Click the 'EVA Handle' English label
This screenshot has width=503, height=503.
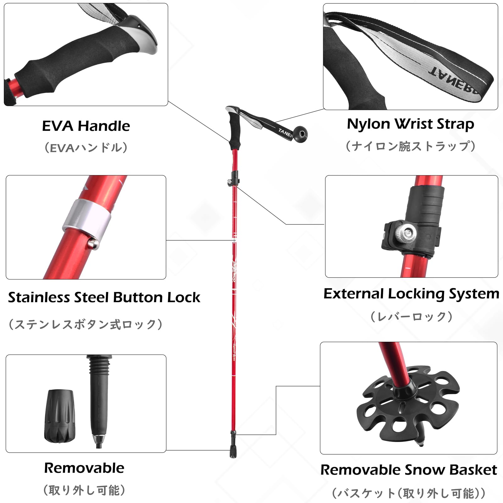(x=86, y=126)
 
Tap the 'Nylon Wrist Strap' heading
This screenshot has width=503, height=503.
(x=410, y=124)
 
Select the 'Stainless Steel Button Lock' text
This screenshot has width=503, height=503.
(x=104, y=297)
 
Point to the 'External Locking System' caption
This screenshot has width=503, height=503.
(x=411, y=294)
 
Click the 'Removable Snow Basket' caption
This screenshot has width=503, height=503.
(x=408, y=470)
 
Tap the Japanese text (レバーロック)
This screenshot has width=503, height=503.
(x=411, y=317)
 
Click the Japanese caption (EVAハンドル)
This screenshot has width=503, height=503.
(x=86, y=147)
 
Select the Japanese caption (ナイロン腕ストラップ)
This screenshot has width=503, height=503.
(x=410, y=146)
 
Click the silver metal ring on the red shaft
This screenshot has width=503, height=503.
(x=87, y=219)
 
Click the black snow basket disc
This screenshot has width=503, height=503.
(x=408, y=406)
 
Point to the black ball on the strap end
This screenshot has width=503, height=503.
(x=301, y=133)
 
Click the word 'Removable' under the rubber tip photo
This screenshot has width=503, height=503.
(x=84, y=468)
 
